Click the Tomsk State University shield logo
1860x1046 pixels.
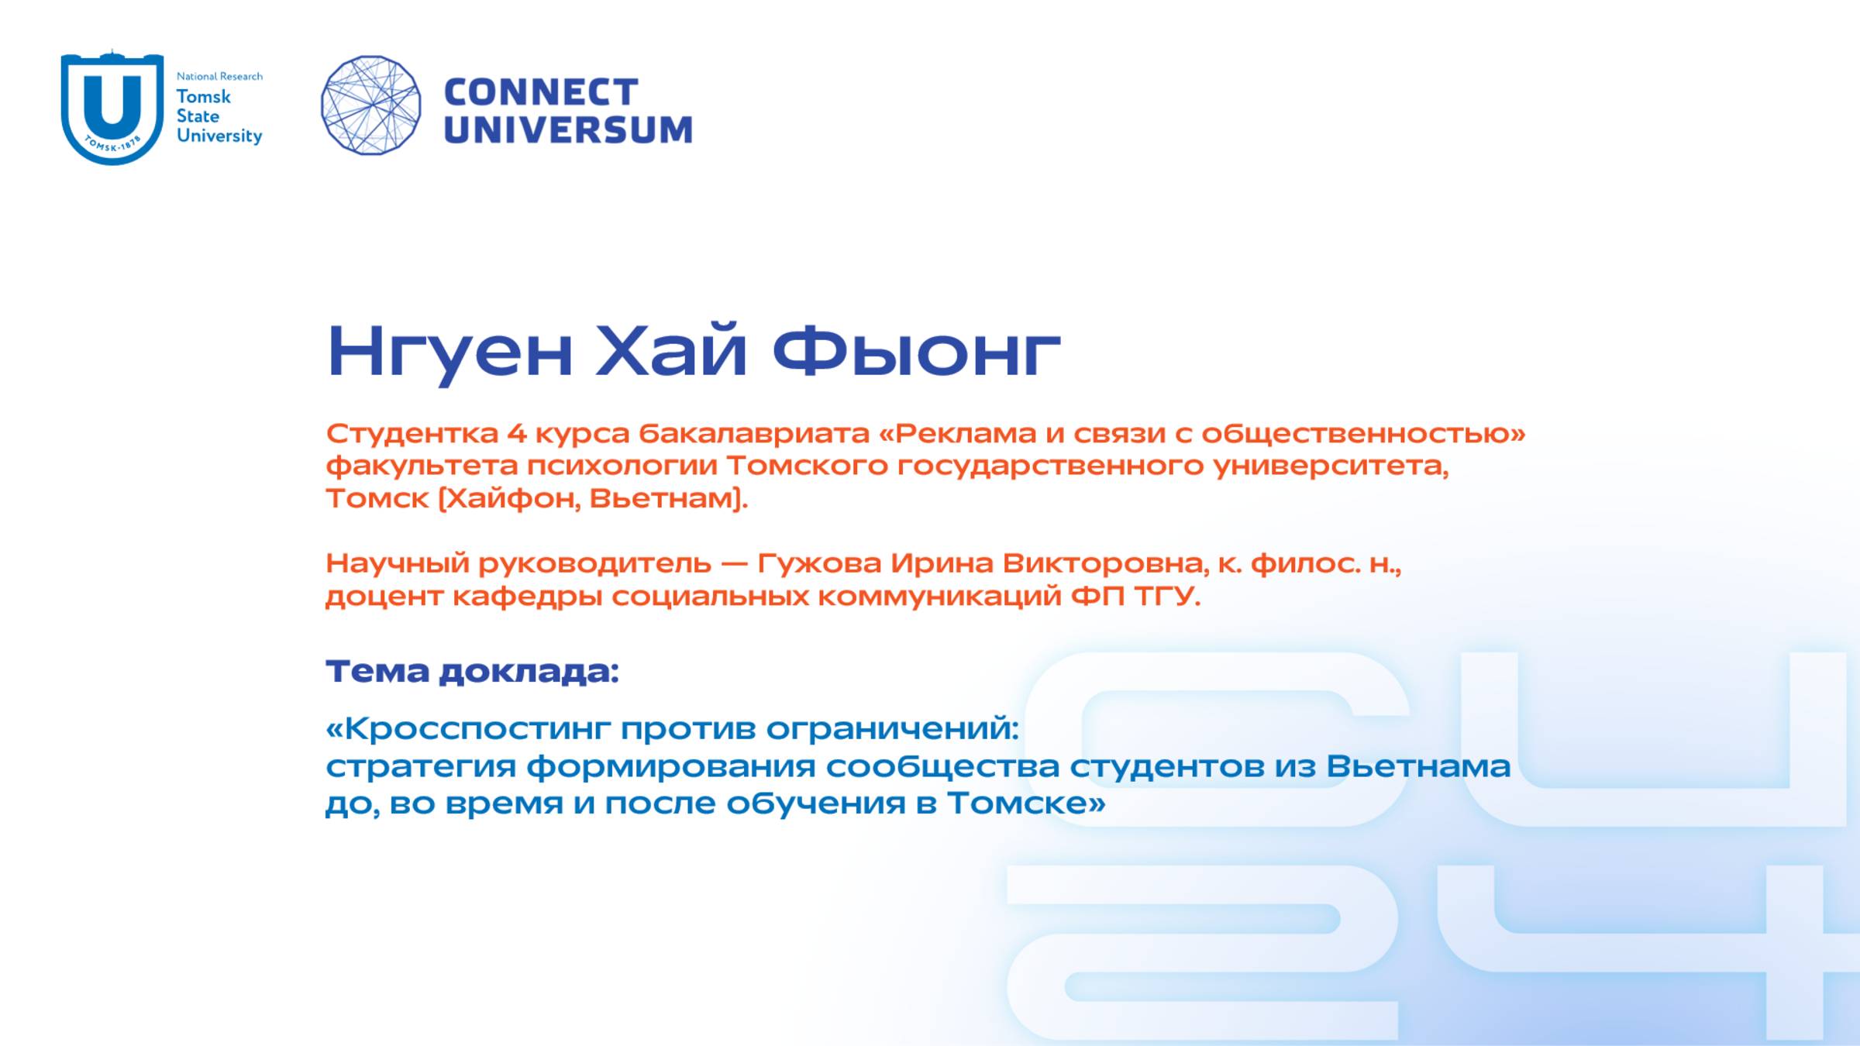[112, 107]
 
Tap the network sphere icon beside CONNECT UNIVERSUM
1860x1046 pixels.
[370, 105]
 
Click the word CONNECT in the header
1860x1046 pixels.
[541, 92]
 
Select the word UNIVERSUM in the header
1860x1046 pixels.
[568, 129]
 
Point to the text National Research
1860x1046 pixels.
[219, 76]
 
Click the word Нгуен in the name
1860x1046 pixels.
[450, 353]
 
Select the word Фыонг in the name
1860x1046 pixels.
[916, 353]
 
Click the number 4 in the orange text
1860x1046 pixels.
[517, 433]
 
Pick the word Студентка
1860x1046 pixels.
[412, 433]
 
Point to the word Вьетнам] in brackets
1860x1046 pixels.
[668, 498]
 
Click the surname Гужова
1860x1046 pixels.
[819, 563]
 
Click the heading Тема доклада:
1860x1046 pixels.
[472, 671]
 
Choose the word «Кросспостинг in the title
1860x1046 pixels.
[468, 729]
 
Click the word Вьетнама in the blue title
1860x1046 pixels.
[1418, 766]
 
